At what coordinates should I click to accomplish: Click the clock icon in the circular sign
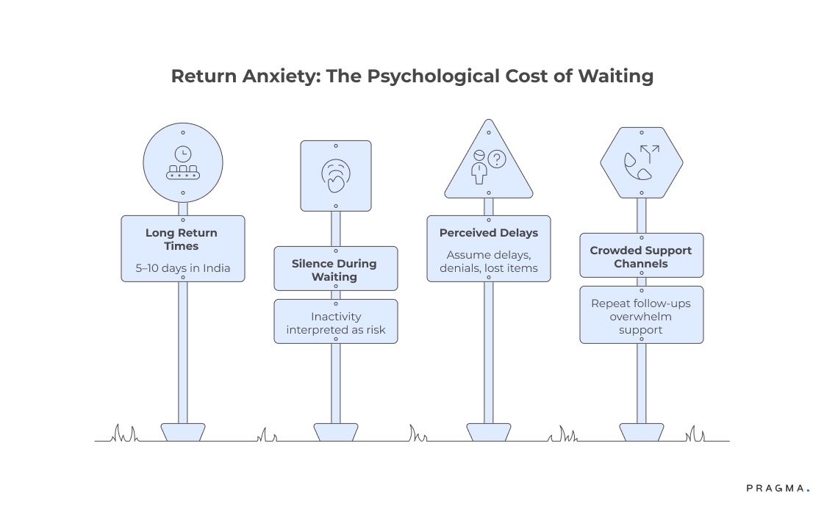coord(182,153)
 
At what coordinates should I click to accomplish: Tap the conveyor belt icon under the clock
coord(182,172)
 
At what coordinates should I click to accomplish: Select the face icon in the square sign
coord(336,176)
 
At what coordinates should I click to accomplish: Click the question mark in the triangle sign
coord(497,159)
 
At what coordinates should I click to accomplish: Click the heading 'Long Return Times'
coord(182,240)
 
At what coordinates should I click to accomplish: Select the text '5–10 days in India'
coord(182,268)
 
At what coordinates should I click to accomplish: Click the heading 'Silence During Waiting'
coord(335,270)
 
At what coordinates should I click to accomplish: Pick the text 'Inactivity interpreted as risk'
coord(335,323)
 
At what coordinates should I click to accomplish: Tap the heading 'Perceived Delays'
coord(489,233)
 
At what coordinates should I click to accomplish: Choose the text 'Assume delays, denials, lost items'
coord(489,262)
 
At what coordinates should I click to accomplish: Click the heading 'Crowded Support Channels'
coord(641,257)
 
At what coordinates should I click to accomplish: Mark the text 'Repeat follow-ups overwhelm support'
coord(641,316)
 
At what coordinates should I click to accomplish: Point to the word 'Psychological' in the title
coord(447,76)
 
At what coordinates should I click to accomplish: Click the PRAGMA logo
coord(777,488)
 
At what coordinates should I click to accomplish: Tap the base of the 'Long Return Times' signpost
coord(183,432)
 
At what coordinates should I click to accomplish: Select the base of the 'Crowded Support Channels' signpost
coord(642,432)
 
